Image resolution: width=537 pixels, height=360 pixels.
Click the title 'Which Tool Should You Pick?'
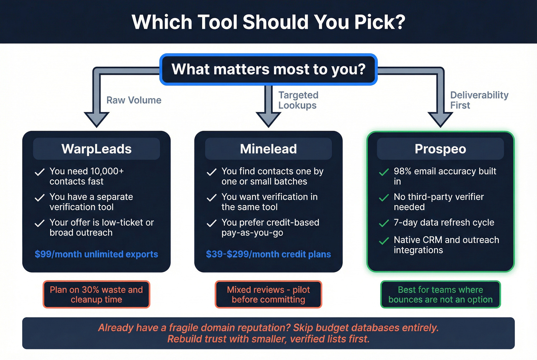tap(268, 22)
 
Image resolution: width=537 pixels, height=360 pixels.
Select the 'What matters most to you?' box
tap(268, 69)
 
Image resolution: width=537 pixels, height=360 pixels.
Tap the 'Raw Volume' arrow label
tap(134, 100)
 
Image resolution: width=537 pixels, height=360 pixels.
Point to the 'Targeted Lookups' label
tap(298, 100)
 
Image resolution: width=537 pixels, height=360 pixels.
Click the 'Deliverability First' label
tap(479, 100)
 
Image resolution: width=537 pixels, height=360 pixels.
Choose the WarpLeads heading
tap(96, 149)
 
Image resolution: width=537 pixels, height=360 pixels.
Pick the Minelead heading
tap(268, 149)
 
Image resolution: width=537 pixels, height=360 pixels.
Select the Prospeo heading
tap(440, 149)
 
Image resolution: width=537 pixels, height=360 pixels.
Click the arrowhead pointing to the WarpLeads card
tap(97, 119)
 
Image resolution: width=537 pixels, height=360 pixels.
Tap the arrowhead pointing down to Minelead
tap(268, 119)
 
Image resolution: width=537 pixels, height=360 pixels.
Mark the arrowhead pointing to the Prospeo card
tap(440, 119)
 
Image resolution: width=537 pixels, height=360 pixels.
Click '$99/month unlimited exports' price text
tap(96, 254)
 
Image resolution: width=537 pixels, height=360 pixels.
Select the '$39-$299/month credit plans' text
tap(268, 254)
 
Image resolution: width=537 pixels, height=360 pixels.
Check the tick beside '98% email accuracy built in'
tap(384, 172)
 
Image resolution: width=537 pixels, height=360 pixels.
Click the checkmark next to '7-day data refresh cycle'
tap(384, 223)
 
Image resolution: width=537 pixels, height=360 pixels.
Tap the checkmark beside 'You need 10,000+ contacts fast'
tap(40, 172)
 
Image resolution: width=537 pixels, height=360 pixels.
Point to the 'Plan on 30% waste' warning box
tap(96, 294)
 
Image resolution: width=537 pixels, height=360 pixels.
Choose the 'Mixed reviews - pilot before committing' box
tap(268, 294)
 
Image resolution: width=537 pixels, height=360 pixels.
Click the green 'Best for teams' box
tap(440, 294)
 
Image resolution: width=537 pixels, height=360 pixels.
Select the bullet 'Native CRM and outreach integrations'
tap(446, 245)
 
